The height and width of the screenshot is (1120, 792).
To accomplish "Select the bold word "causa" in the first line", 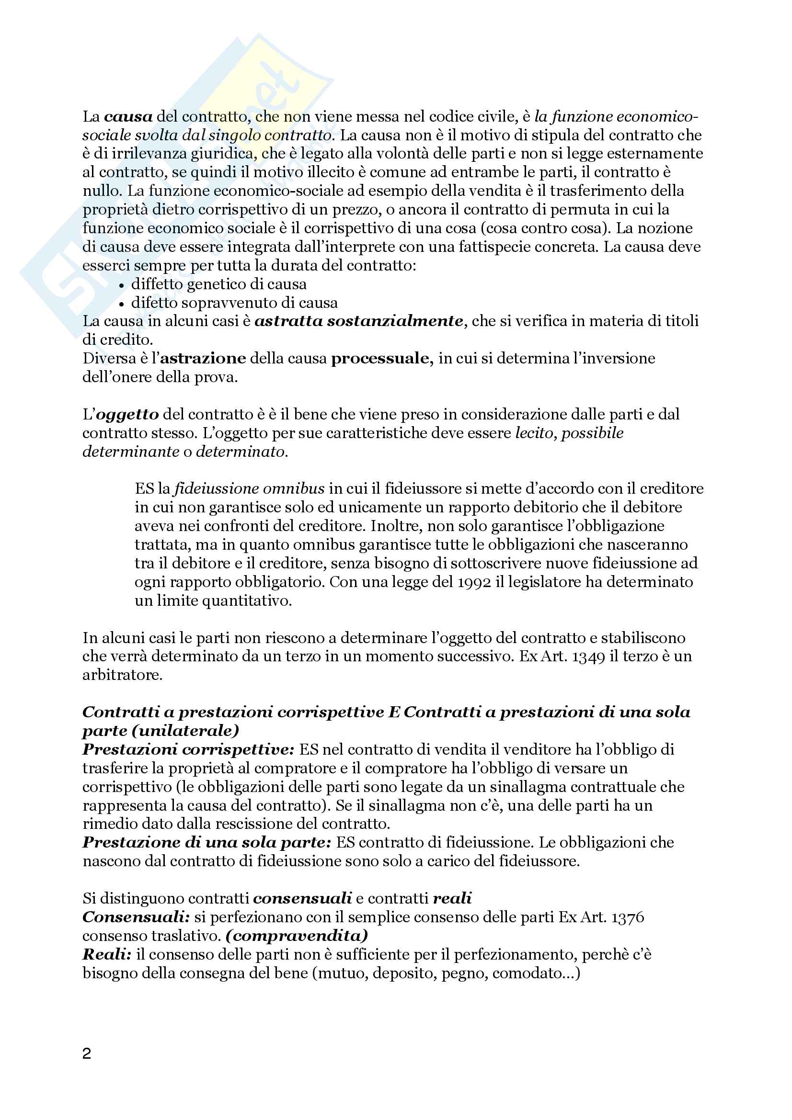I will [128, 117].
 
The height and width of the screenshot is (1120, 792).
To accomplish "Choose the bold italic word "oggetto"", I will [127, 415].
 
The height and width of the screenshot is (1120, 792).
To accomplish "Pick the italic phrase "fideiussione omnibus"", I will [249, 489].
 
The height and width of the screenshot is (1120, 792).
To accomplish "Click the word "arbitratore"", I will [122, 675].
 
